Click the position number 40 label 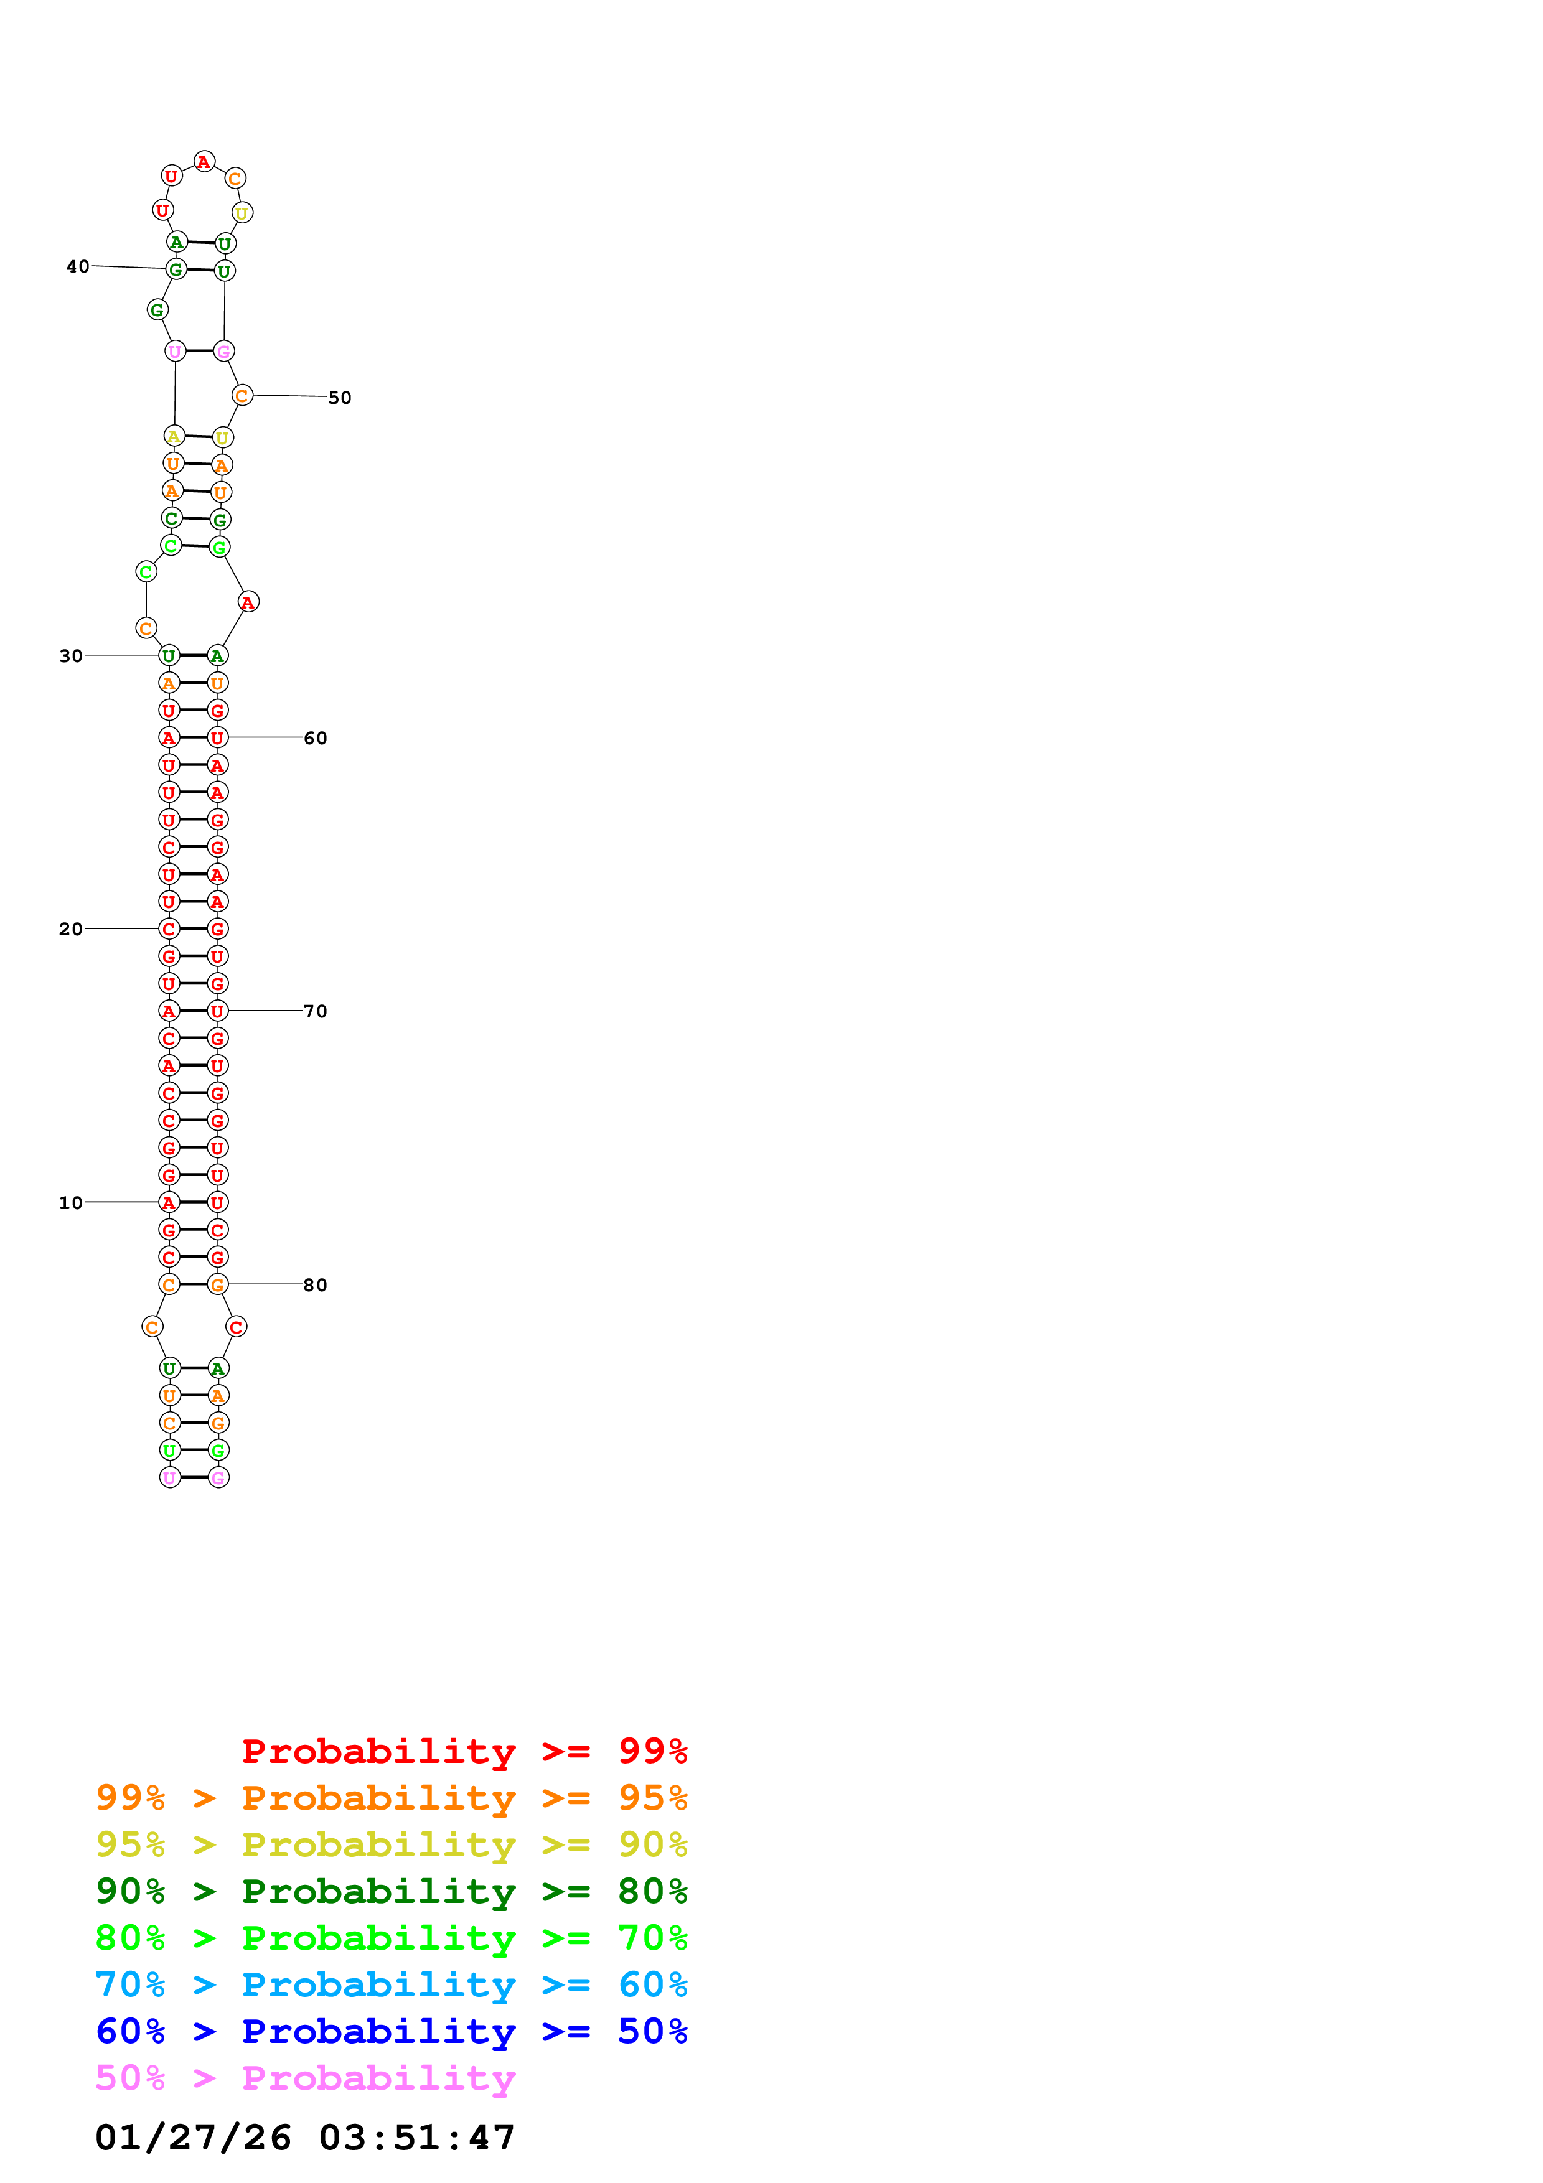click(78, 266)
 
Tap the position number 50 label click(339, 398)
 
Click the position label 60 click(316, 738)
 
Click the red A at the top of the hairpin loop click(204, 162)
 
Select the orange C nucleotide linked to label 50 click(242, 396)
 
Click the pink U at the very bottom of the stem click(170, 1477)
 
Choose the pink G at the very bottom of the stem click(218, 1477)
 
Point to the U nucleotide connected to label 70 click(218, 1011)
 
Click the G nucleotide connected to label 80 click(218, 1284)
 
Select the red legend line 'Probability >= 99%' click(464, 1751)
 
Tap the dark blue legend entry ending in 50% click(391, 2031)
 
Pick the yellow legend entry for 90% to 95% click(391, 1844)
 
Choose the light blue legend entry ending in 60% click(391, 1984)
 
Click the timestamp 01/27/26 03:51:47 click(305, 2136)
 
